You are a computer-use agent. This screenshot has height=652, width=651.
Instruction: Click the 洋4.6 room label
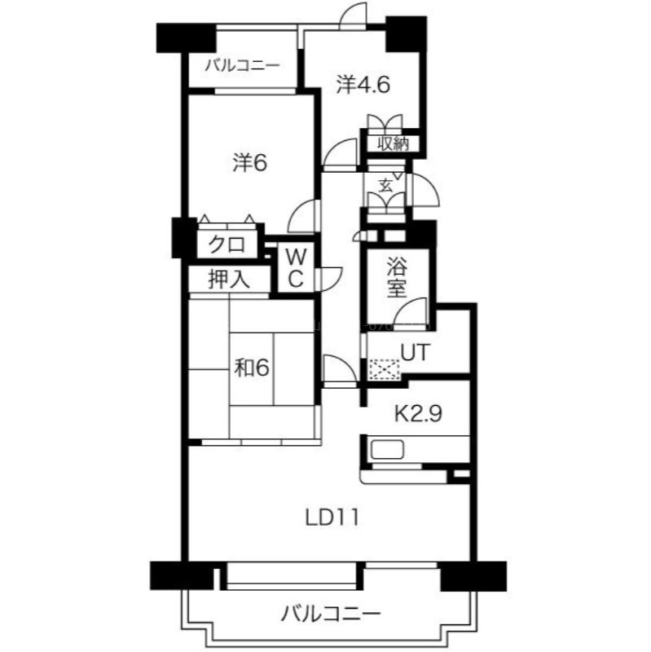(x=363, y=86)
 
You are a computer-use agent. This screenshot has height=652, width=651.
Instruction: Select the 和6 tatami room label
(x=252, y=368)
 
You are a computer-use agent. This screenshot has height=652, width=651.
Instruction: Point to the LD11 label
(x=332, y=518)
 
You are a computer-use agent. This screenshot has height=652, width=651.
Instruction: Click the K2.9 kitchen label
(x=418, y=414)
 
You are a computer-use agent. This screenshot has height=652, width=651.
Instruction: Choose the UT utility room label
(x=415, y=353)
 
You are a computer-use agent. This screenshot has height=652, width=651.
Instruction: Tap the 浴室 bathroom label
(x=397, y=277)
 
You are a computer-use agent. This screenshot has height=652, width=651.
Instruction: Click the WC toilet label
(x=296, y=269)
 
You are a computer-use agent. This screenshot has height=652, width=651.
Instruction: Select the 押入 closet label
(x=229, y=279)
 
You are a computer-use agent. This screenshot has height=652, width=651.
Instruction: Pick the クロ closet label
(x=227, y=244)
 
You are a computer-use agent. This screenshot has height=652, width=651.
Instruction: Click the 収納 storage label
(x=393, y=144)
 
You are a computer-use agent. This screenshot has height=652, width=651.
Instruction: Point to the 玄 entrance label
(x=385, y=186)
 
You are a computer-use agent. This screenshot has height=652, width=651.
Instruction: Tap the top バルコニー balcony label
(x=242, y=66)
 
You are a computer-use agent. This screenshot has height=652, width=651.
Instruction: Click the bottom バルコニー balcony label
(x=331, y=614)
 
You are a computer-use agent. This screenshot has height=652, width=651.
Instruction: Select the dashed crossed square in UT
(x=385, y=369)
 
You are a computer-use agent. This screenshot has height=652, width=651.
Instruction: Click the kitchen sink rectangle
(x=388, y=450)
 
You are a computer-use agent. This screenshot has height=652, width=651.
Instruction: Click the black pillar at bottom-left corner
(x=182, y=575)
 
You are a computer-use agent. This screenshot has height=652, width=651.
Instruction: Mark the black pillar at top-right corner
(x=406, y=33)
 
